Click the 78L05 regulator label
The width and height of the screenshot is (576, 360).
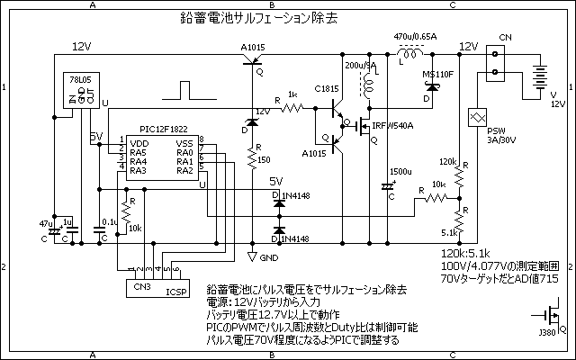pyautogui.click(x=83, y=79)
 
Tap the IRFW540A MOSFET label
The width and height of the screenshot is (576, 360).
pyautogui.click(x=392, y=127)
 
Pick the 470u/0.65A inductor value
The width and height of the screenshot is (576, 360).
pyautogui.click(x=416, y=37)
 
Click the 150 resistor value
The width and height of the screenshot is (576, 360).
pyautogui.click(x=263, y=159)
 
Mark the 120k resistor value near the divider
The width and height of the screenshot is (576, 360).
pyautogui.click(x=448, y=161)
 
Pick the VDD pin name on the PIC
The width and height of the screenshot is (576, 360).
pyautogui.click(x=139, y=144)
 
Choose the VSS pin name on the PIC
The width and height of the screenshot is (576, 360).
pyautogui.click(x=184, y=144)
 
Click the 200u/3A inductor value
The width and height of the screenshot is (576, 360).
pyautogui.click(x=356, y=66)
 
